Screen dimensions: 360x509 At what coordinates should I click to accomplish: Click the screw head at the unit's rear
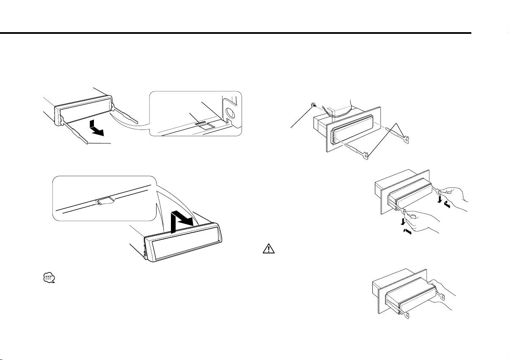[313, 104]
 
